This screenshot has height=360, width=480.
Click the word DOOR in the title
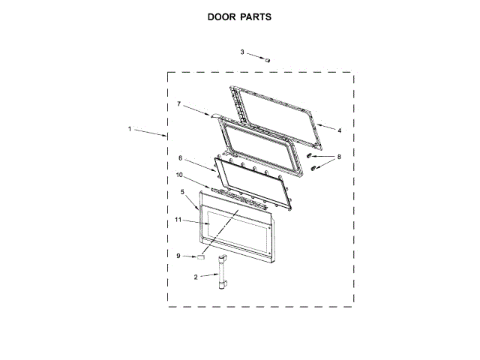(x=223, y=17)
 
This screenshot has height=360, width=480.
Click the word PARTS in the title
(x=256, y=17)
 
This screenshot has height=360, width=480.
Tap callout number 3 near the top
(x=242, y=52)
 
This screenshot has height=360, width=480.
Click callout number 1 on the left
(x=129, y=129)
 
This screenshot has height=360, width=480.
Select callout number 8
(x=338, y=157)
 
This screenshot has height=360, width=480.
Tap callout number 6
(x=180, y=158)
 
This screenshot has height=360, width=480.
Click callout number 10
(x=179, y=175)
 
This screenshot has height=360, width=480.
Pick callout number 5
(x=182, y=192)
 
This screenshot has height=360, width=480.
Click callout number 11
(x=178, y=220)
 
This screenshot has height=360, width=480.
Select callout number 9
(x=178, y=256)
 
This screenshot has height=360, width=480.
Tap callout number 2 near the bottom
(x=196, y=277)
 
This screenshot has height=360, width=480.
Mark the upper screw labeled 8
(x=308, y=154)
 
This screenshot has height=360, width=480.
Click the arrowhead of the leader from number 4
(x=318, y=125)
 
